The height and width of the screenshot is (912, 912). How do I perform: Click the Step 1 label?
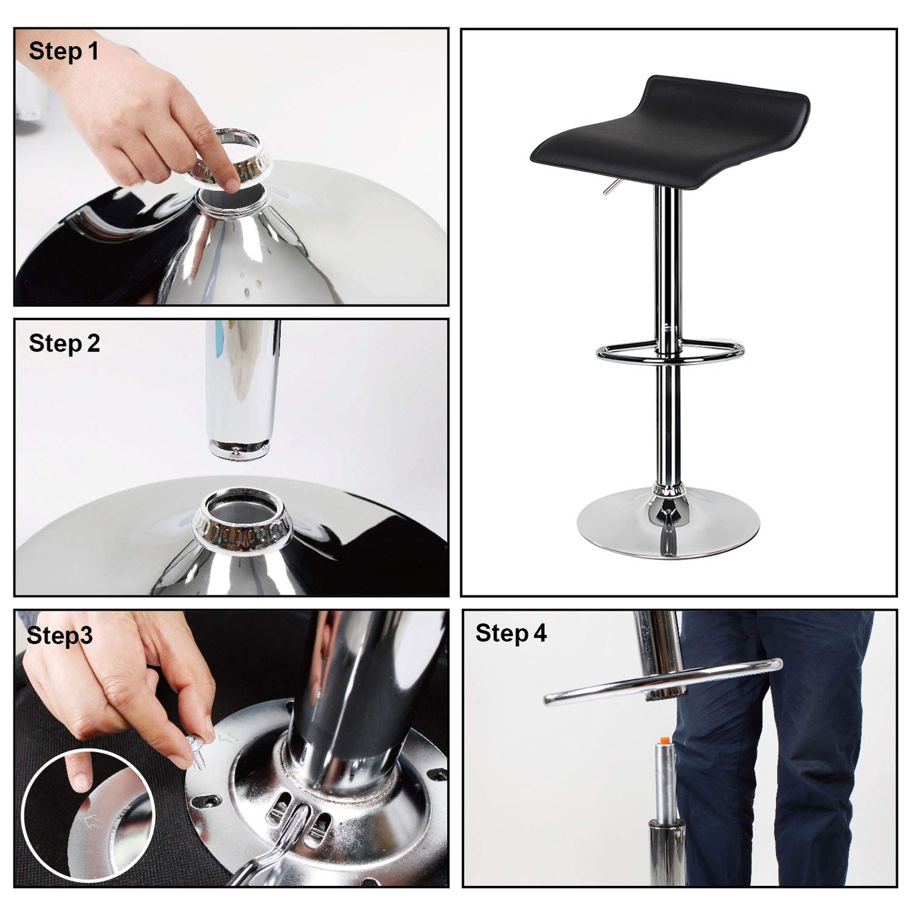(x=63, y=51)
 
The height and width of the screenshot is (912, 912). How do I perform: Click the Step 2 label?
(x=64, y=344)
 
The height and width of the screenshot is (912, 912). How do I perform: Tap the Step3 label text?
(x=60, y=635)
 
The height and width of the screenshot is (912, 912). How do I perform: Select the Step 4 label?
(x=511, y=633)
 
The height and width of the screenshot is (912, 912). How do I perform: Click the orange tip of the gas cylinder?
(x=665, y=741)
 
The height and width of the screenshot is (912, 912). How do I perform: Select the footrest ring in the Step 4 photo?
(x=663, y=684)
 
